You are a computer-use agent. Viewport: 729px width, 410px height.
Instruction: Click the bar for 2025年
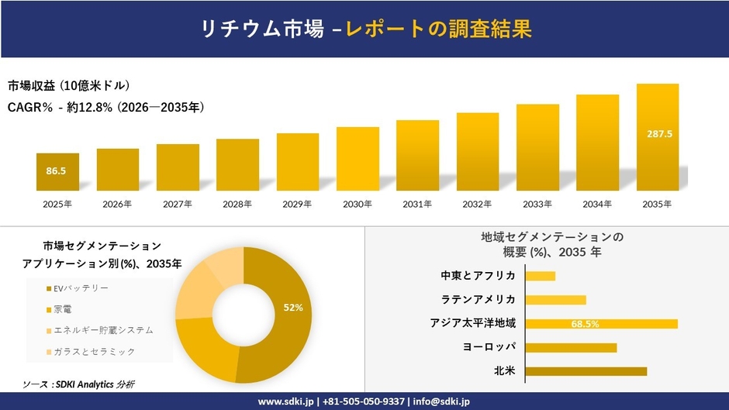pos(57,172)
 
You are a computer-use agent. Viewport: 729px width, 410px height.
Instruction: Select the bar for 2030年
pos(358,159)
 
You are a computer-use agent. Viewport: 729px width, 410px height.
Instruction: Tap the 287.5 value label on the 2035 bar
pos(658,134)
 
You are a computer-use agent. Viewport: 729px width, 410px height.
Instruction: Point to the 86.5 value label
pos(56,171)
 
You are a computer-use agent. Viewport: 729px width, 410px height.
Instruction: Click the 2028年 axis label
pos(237,205)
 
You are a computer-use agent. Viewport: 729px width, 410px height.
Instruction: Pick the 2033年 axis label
pos(537,205)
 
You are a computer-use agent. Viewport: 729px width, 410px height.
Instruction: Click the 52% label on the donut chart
pos(292,308)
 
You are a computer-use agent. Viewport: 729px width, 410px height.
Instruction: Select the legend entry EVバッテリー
pos(76,288)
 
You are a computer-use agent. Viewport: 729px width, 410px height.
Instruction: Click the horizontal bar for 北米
pos(586,371)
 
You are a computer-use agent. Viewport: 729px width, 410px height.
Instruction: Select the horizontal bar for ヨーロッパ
pos(571,347)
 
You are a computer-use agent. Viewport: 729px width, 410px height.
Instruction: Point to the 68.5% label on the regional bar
pos(585,324)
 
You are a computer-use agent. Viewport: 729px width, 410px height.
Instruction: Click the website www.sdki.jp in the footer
pos(285,401)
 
